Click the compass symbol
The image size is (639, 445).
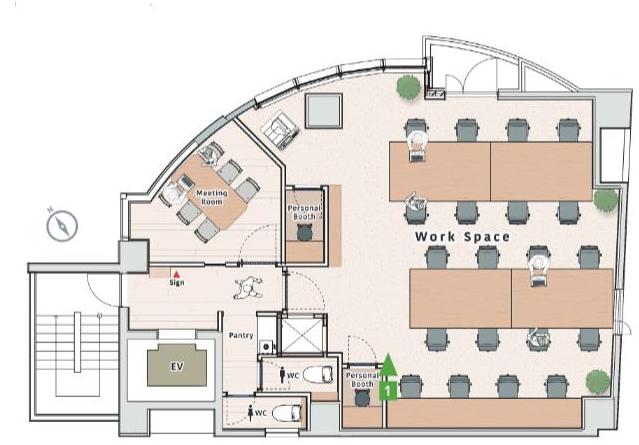click(x=62, y=225)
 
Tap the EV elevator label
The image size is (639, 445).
click(x=177, y=367)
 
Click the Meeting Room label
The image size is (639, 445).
click(x=212, y=197)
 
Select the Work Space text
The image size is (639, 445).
click(x=462, y=237)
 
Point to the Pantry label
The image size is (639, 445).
click(x=241, y=335)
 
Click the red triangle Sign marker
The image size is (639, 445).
click(x=176, y=274)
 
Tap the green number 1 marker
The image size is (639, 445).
click(x=388, y=377)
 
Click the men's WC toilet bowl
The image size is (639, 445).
click(x=317, y=375)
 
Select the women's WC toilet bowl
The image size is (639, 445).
click(x=286, y=413)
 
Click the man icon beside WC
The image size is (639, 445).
click(x=282, y=375)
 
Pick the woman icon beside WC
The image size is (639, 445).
click(x=250, y=413)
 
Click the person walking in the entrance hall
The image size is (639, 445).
click(x=247, y=288)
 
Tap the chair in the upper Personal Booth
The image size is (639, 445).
click(x=304, y=233)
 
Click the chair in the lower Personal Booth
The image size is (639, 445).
click(x=362, y=398)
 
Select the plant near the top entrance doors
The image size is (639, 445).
click(x=409, y=86)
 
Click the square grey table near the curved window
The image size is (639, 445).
click(x=324, y=111)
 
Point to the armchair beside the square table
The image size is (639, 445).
click(x=279, y=129)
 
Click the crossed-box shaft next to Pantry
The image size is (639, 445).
click(x=302, y=334)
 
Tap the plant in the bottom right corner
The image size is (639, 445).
click(x=598, y=382)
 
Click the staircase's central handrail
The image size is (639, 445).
click(x=77, y=342)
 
